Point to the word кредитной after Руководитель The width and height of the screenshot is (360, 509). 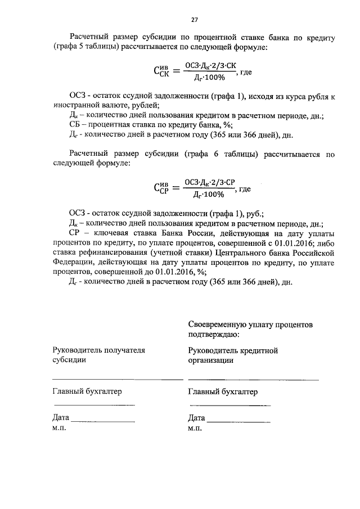click(259, 350)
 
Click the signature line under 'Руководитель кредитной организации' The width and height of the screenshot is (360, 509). click(253, 380)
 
